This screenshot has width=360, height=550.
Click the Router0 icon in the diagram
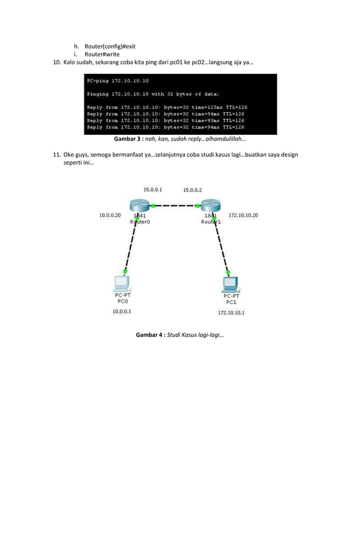coord(137,206)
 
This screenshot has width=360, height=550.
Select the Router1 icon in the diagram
coord(210,206)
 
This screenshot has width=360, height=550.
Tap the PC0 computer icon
coord(121,283)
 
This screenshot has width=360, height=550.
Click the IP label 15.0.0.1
coord(153,190)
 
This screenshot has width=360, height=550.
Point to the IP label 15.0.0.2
coord(192,190)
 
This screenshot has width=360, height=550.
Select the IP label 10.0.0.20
coord(110,215)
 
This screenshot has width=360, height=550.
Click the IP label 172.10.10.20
coord(244,215)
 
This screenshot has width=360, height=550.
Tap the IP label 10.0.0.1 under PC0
coord(122,311)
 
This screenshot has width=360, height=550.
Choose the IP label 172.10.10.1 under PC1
coord(231,312)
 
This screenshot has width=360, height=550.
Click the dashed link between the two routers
coord(173,206)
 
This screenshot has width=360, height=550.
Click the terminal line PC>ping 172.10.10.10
coord(117,81)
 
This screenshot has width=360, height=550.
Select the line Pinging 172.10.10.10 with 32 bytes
coord(153,94)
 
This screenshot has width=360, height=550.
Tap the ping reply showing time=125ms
coord(167,107)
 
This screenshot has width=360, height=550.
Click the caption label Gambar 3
coord(128,138)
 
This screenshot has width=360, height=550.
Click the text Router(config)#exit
coord(110,46)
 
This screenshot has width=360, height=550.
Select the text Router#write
coord(102,55)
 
